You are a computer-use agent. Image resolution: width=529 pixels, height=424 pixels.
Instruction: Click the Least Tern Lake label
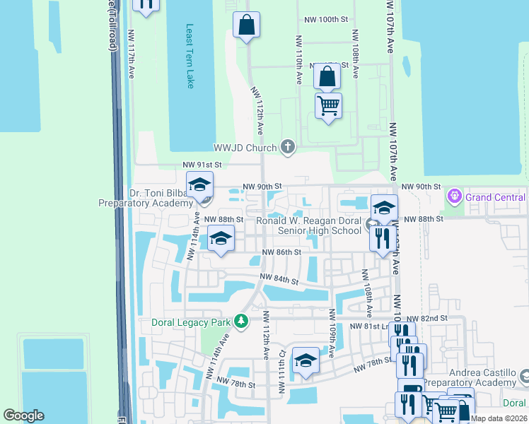[190, 57]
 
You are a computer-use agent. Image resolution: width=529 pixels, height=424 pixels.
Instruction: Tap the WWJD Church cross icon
[287, 147]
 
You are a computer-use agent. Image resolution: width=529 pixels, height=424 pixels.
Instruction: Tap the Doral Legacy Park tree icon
[242, 322]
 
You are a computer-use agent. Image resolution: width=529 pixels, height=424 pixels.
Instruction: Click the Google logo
[23, 416]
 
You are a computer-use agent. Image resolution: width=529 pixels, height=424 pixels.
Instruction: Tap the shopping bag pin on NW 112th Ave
[246, 25]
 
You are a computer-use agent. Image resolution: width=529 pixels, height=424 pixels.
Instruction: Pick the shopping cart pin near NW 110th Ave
[328, 106]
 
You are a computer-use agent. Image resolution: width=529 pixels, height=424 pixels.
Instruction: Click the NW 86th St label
[281, 252]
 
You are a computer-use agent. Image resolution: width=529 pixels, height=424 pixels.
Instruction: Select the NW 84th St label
[279, 279]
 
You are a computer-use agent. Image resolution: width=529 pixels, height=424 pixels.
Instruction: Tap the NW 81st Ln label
[369, 327]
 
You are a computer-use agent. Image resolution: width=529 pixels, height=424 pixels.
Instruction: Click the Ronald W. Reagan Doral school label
[308, 225]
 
